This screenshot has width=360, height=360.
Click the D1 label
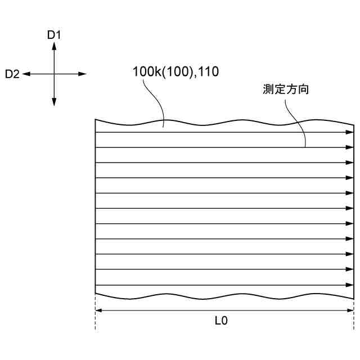pyautogui.click(x=54, y=35)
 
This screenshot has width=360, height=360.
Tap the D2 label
pyautogui.click(x=12, y=74)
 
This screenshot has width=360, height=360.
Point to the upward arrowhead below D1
pyautogui.click(x=54, y=46)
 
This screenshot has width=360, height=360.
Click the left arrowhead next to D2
pyautogui.click(x=26, y=74)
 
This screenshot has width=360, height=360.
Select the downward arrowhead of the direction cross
pyautogui.click(x=54, y=102)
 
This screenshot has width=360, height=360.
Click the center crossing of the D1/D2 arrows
pyautogui.click(x=54, y=74)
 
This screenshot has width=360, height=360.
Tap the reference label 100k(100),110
pyautogui.click(x=175, y=71)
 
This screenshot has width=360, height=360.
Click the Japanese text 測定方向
pyautogui.click(x=286, y=89)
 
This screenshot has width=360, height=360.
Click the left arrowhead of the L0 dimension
pyautogui.click(x=98, y=310)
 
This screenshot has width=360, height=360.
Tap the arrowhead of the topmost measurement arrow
pyautogui.click(x=349, y=132)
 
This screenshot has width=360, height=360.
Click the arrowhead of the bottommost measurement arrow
pyautogui.click(x=349, y=285)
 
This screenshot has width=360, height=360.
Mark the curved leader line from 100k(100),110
pyautogui.click(x=153, y=101)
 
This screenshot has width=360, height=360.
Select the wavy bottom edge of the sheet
pyautogui.click(x=225, y=297)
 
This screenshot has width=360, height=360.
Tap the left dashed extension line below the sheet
pyautogui.click(x=95, y=318)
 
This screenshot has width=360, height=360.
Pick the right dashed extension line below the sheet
pyautogui.click(x=354, y=318)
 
